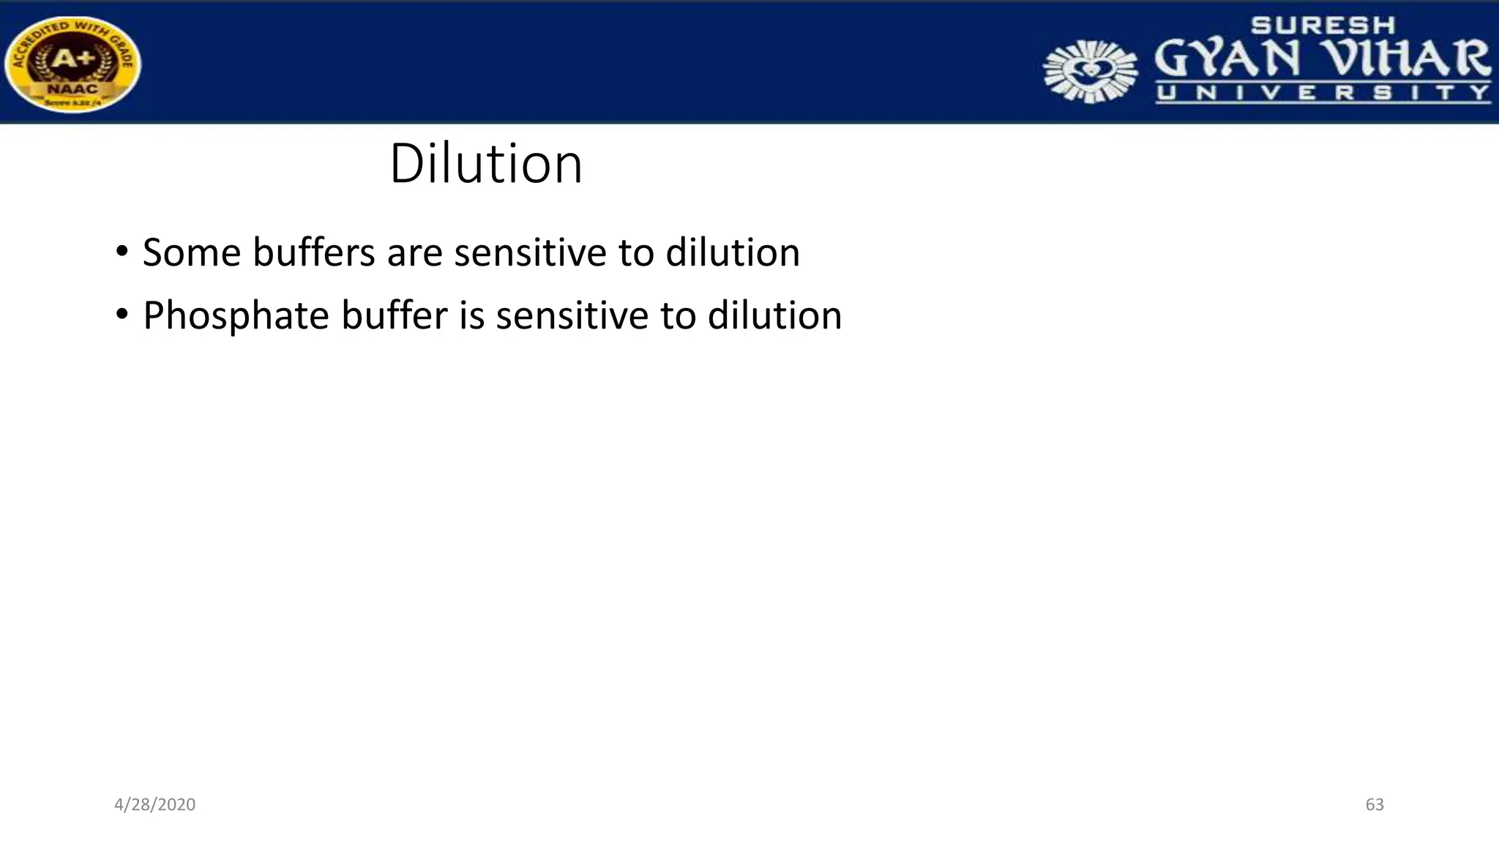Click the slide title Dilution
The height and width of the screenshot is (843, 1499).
[x=486, y=163]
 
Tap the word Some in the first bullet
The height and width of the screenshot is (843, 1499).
[x=192, y=252]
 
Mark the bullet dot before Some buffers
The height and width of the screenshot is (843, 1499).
[x=122, y=252]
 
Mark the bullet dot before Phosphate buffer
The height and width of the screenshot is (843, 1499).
[x=122, y=315]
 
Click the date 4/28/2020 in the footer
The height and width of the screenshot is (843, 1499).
[x=154, y=804]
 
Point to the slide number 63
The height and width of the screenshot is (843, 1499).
[x=1375, y=804]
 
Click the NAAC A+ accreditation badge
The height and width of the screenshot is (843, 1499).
[x=72, y=64]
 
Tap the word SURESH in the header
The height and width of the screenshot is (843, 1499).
[x=1323, y=26]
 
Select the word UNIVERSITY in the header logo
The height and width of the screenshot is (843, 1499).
[x=1323, y=93]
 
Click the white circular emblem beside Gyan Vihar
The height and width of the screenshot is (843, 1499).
[x=1091, y=71]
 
